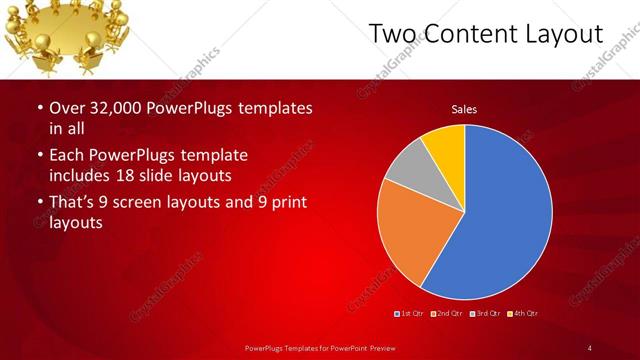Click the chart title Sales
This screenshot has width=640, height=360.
click(464, 109)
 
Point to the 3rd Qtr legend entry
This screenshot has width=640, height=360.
click(486, 314)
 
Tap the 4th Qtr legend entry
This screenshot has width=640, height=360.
click(523, 314)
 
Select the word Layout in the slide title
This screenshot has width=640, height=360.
click(568, 34)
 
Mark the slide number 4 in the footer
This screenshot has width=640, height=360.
click(590, 347)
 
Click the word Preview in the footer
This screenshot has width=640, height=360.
click(373, 347)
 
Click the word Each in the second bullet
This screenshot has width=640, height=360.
click(68, 156)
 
